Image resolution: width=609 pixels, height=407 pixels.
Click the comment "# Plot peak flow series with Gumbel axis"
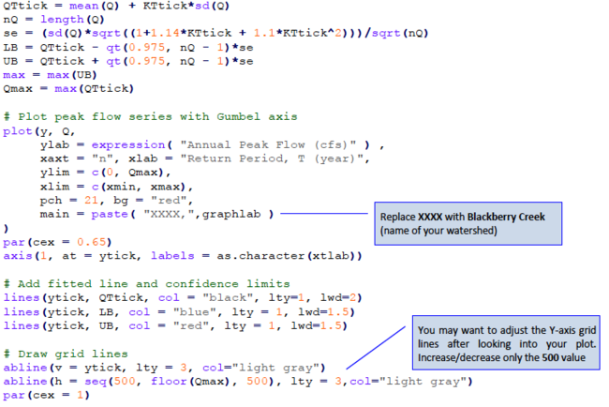click(150, 117)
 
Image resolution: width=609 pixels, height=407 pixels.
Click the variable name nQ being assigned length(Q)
click(12, 17)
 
